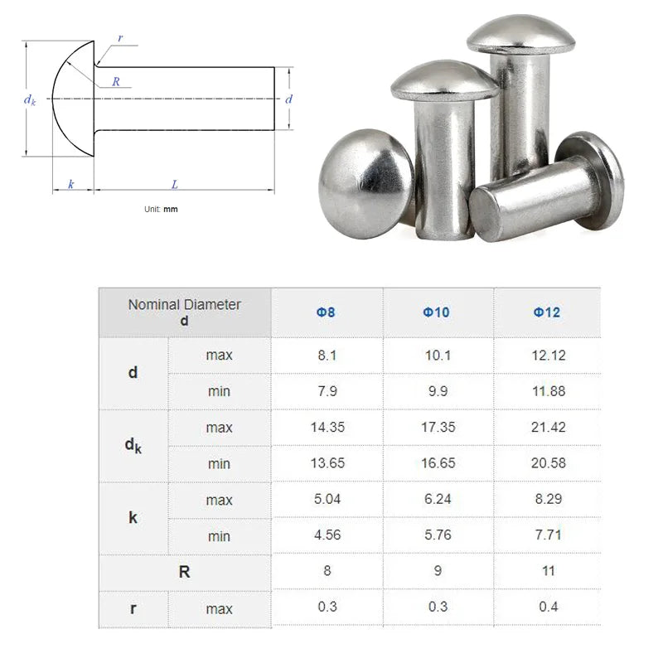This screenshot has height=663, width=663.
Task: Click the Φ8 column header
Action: pyautogui.click(x=327, y=312)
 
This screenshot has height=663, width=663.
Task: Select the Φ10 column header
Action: pyautogui.click(x=437, y=312)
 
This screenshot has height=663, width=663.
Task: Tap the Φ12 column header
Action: pyautogui.click(x=547, y=312)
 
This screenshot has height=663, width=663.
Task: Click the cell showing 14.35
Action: pyautogui.click(x=327, y=428)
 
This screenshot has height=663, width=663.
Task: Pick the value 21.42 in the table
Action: pyautogui.click(x=547, y=428)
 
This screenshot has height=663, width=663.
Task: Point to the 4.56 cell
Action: pyautogui.click(x=327, y=535)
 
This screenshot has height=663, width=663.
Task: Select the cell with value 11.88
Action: pyautogui.click(x=547, y=391)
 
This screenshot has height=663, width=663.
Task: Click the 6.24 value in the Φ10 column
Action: pyautogui.click(x=437, y=500)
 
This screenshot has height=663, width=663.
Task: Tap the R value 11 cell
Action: pyautogui.click(x=547, y=571)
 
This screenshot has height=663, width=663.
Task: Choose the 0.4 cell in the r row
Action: pyautogui.click(x=547, y=607)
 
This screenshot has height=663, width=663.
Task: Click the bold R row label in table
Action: pyautogui.click(x=184, y=571)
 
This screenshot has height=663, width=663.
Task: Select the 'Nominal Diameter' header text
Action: pyautogui.click(x=184, y=305)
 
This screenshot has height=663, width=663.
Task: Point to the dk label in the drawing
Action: pyautogui.click(x=30, y=99)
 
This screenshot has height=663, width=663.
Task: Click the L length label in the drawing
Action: pyautogui.click(x=175, y=185)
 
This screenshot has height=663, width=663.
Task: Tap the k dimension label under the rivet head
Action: pyautogui.click(x=71, y=185)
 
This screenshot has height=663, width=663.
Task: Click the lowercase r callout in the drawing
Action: pyautogui.click(x=121, y=38)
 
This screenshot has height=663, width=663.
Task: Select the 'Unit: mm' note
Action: pyautogui.click(x=161, y=210)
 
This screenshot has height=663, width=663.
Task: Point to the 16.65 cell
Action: pyautogui.click(x=437, y=463)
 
